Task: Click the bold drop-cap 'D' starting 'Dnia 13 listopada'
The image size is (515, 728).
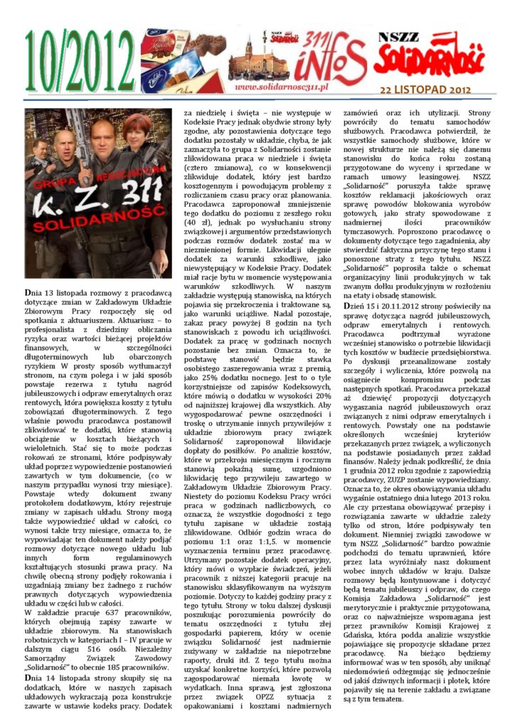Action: click(x=28, y=293)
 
